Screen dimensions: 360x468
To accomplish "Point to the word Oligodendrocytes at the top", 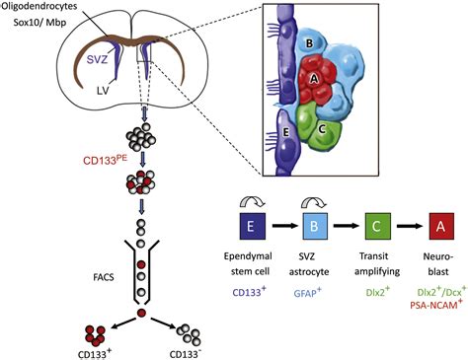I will (43, 9).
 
